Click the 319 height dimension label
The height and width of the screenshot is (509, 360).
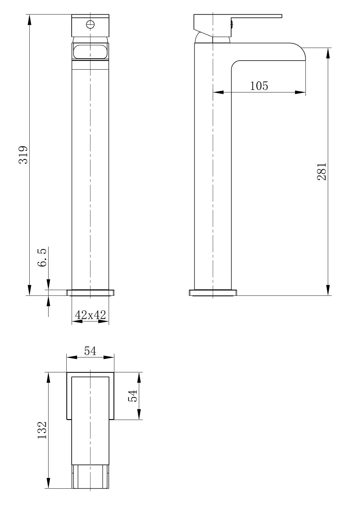click(23, 155)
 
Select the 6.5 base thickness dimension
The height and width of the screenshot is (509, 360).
click(42, 257)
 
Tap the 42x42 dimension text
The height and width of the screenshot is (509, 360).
click(90, 315)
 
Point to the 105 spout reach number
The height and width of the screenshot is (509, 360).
click(259, 86)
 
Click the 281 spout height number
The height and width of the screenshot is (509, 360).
click(321, 172)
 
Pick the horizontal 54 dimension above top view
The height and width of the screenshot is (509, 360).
click(90, 351)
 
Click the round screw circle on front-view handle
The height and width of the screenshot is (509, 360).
click(90, 24)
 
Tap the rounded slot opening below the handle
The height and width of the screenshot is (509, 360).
click(90, 51)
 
